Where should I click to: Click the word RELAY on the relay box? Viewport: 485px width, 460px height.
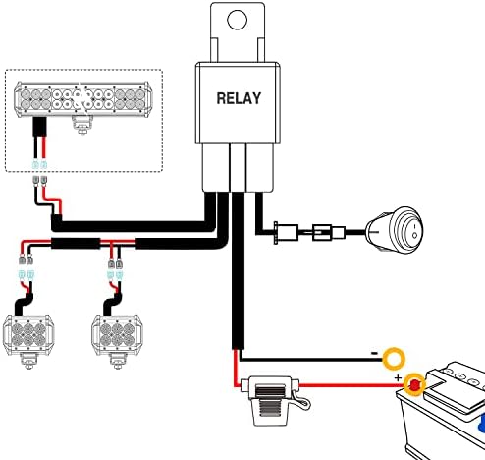tap(239, 98)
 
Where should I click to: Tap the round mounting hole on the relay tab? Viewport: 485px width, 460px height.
tap(237, 20)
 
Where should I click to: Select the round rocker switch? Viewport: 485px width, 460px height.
tap(395, 231)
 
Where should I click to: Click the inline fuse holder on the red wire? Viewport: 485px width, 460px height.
tap(271, 400)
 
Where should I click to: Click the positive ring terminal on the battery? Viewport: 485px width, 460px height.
tap(414, 384)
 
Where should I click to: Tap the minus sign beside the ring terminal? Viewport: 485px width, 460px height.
tap(374, 353)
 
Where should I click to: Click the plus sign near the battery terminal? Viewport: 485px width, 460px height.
tap(398, 377)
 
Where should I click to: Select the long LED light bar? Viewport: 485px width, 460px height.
tap(82, 99)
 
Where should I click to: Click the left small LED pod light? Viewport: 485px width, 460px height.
tap(28, 335)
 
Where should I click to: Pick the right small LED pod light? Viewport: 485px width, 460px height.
tap(117, 335)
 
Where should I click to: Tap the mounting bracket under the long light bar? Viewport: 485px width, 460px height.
tap(81, 125)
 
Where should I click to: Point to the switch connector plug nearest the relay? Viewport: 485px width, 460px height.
tap(286, 233)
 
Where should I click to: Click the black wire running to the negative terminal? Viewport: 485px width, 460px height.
tap(311, 360)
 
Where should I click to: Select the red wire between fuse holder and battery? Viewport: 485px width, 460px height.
tap(350, 385)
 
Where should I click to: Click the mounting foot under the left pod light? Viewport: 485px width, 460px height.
tap(28, 362)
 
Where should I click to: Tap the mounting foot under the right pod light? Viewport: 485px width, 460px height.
tap(117, 362)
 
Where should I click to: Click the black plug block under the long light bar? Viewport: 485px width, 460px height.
tap(39, 127)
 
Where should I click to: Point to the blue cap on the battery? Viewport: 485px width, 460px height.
tap(482, 424)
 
